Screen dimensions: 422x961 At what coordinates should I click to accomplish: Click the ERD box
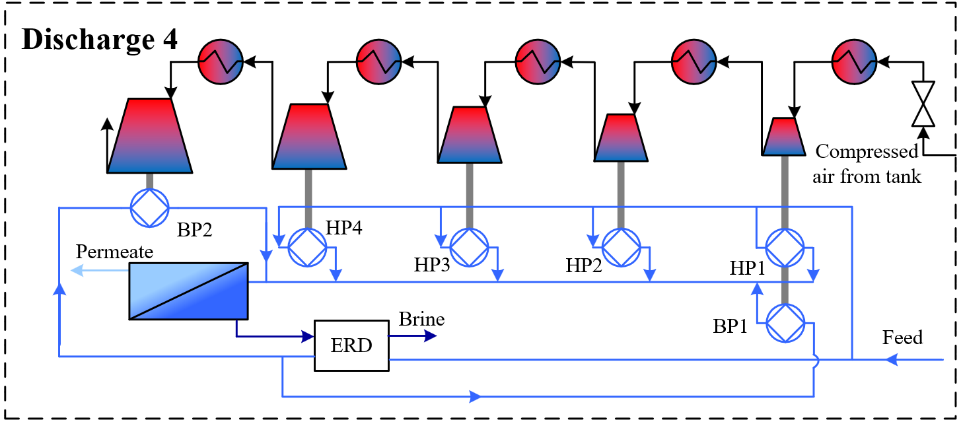point(351,346)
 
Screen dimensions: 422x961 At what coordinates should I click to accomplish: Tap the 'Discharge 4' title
point(100,40)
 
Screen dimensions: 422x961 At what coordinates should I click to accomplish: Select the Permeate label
point(114,252)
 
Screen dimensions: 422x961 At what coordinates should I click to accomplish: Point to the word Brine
point(421,320)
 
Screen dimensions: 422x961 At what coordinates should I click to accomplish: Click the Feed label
point(902,337)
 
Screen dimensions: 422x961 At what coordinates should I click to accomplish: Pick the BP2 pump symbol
point(150,208)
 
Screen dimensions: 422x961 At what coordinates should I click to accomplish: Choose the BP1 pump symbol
point(785,323)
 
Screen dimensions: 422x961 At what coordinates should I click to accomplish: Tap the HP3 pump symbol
point(469,248)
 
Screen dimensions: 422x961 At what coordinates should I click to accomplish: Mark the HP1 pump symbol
point(785,248)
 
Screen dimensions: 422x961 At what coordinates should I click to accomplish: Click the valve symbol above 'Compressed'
point(923,104)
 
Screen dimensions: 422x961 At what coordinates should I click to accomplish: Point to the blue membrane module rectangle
point(188,291)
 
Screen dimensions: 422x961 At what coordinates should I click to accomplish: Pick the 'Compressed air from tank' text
point(867,164)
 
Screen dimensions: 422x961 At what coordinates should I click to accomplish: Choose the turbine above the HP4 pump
point(308,136)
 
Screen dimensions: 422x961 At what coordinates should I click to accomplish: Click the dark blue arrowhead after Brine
point(430,335)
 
